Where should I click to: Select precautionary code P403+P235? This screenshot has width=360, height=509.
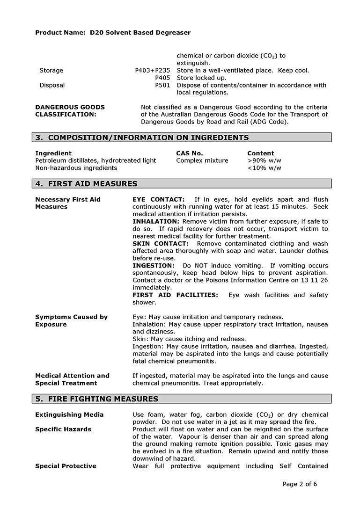coord(153,71)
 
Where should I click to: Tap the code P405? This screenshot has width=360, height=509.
coord(163,78)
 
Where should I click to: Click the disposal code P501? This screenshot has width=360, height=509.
coord(163,86)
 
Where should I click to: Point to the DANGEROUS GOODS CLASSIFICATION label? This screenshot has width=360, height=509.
coord(70,111)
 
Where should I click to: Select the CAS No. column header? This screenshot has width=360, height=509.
coord(189,153)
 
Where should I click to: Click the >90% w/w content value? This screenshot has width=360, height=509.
coord(264,161)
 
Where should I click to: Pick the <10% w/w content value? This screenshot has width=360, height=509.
coord(264,168)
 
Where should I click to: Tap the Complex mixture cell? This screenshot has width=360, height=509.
coord(202,161)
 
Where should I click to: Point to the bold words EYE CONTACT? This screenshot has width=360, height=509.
coord(158,200)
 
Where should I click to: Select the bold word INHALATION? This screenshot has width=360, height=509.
coord(156,221)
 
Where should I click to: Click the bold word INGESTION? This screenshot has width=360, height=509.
coord(154,266)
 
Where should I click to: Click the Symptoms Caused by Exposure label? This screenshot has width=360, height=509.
coord(71,321)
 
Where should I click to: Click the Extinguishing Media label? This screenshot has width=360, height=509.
coord(69,415)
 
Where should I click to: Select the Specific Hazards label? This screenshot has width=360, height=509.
coord(63,429)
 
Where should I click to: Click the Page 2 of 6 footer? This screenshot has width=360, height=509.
coord(300,484)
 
